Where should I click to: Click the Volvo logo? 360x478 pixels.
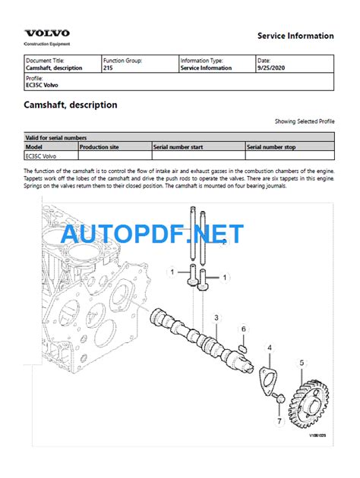coord(47,33)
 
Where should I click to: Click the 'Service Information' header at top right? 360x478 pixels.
coord(295,36)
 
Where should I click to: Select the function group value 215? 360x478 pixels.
coord(108,68)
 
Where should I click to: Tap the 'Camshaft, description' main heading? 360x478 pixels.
coord(71,105)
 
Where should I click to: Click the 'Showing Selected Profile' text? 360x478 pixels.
coord(304,121)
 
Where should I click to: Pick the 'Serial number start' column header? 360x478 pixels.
coord(178,146)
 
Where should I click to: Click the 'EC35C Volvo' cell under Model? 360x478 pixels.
coord(43,155)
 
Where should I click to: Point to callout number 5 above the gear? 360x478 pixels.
coord(301,363)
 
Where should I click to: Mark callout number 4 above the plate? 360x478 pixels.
coord(269,347)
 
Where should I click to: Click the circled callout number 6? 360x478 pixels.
coord(243,329)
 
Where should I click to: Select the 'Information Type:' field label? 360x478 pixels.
coord(201,60)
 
